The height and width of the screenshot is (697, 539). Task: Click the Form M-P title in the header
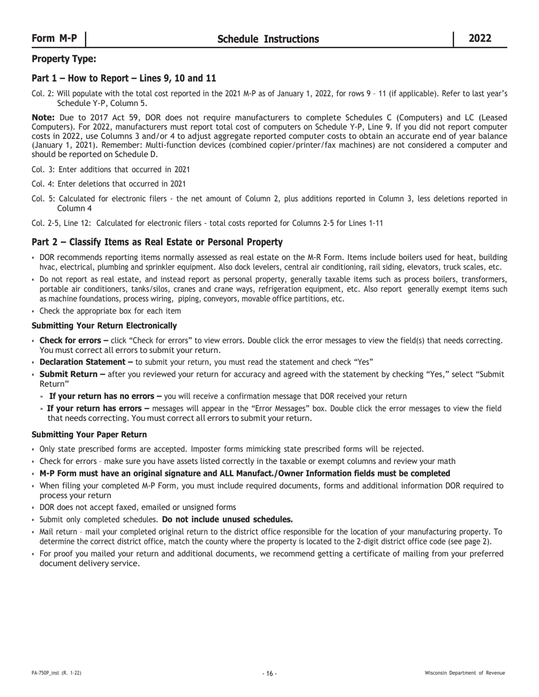[54, 39]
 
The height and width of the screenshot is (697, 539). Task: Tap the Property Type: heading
[64, 59]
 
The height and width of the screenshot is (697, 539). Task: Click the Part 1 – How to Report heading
[124, 78]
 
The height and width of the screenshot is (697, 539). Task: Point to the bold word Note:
[43, 117]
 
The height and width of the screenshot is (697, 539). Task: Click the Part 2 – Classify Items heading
[157, 243]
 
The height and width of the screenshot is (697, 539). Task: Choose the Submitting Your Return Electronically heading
[104, 326]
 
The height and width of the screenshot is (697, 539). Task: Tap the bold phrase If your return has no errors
[105, 397]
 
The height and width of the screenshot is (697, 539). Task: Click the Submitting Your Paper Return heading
[89, 435]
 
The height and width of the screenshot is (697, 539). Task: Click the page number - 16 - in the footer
[269, 673]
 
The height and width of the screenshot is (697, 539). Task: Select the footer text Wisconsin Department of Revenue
[465, 673]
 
